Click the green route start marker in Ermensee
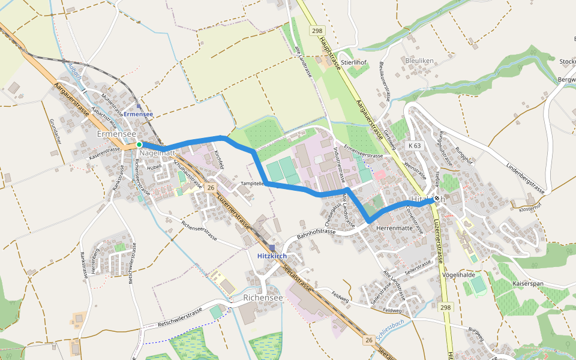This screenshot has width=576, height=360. click(139, 145)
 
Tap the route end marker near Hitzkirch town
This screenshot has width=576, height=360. click(437, 199)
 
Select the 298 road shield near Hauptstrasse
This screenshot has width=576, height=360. click(317, 30)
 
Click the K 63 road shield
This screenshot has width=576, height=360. click(414, 146)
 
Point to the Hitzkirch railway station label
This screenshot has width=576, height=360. click(271, 256)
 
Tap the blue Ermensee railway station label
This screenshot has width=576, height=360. click(139, 114)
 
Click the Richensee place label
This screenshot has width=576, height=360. click(263, 298)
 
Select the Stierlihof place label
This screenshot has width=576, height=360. click(353, 62)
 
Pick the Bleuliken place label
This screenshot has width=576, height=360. click(419, 61)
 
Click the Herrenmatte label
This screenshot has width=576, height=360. click(394, 229)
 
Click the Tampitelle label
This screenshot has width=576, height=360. click(252, 183)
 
